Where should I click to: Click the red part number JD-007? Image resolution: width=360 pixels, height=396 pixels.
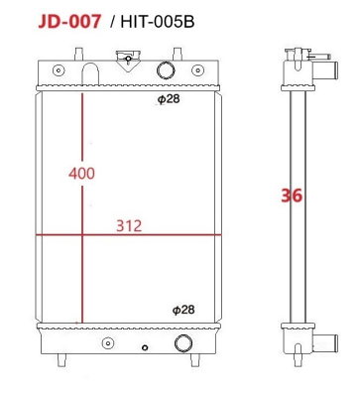coord(68,21)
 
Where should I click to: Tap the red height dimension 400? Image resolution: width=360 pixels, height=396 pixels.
coord(81,173)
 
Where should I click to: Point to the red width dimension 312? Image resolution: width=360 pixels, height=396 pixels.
coord(129,225)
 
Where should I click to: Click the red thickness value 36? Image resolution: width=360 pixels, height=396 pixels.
coord(291,196)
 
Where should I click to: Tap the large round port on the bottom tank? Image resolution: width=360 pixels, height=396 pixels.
coord(182,343)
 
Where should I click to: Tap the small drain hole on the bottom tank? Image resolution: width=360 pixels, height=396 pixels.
coord(146,348)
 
